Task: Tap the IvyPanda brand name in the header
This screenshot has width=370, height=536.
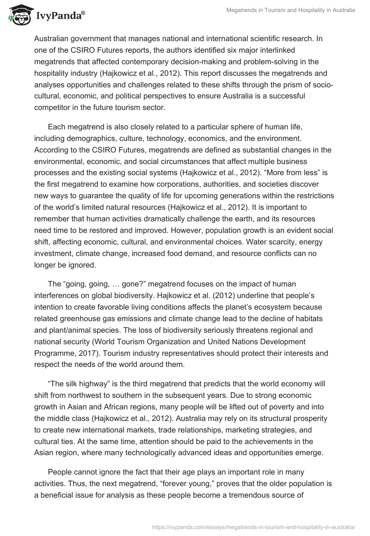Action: (x=60, y=17)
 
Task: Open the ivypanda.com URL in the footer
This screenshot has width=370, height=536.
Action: (x=253, y=526)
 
